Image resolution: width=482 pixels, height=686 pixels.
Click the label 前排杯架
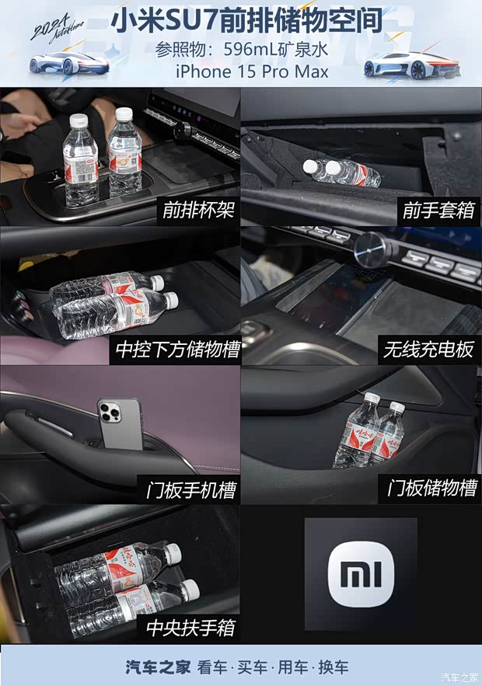[x=197, y=211]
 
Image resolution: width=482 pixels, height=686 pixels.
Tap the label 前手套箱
[x=438, y=211]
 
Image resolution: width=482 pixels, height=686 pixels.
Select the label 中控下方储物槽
[x=177, y=350]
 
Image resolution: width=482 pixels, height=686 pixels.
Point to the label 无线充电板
[x=428, y=350]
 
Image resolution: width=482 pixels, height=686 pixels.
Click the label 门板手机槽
[x=190, y=490]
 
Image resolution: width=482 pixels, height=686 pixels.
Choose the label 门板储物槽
[x=431, y=489]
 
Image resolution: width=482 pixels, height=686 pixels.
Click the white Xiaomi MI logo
[x=360, y=574]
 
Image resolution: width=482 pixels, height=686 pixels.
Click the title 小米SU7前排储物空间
[x=247, y=21]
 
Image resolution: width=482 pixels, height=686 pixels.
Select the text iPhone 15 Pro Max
[x=252, y=72]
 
